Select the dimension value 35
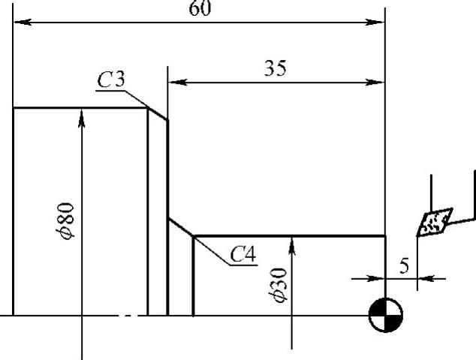[275, 69]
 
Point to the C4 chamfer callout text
[243, 254]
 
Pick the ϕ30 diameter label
[280, 286]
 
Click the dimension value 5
[403, 266]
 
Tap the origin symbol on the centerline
[386, 315]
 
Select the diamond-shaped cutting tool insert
[434, 223]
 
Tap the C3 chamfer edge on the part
[157, 113]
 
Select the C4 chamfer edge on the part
[181, 228]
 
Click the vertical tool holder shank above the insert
[431, 190]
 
